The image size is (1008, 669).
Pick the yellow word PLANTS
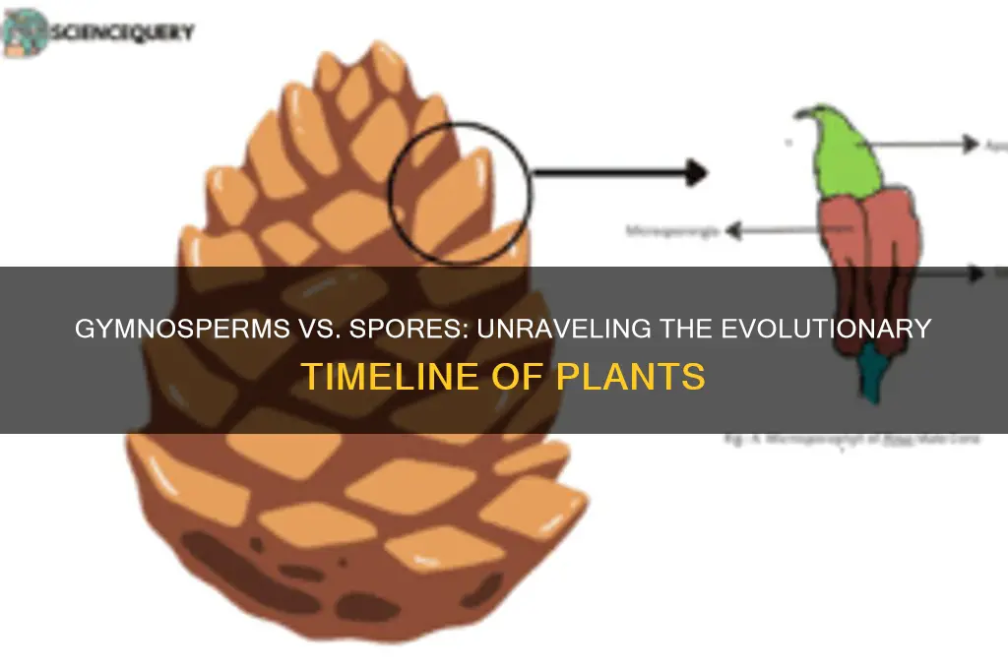coord(635,377)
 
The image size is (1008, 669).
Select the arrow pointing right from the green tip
coord(925,144)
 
